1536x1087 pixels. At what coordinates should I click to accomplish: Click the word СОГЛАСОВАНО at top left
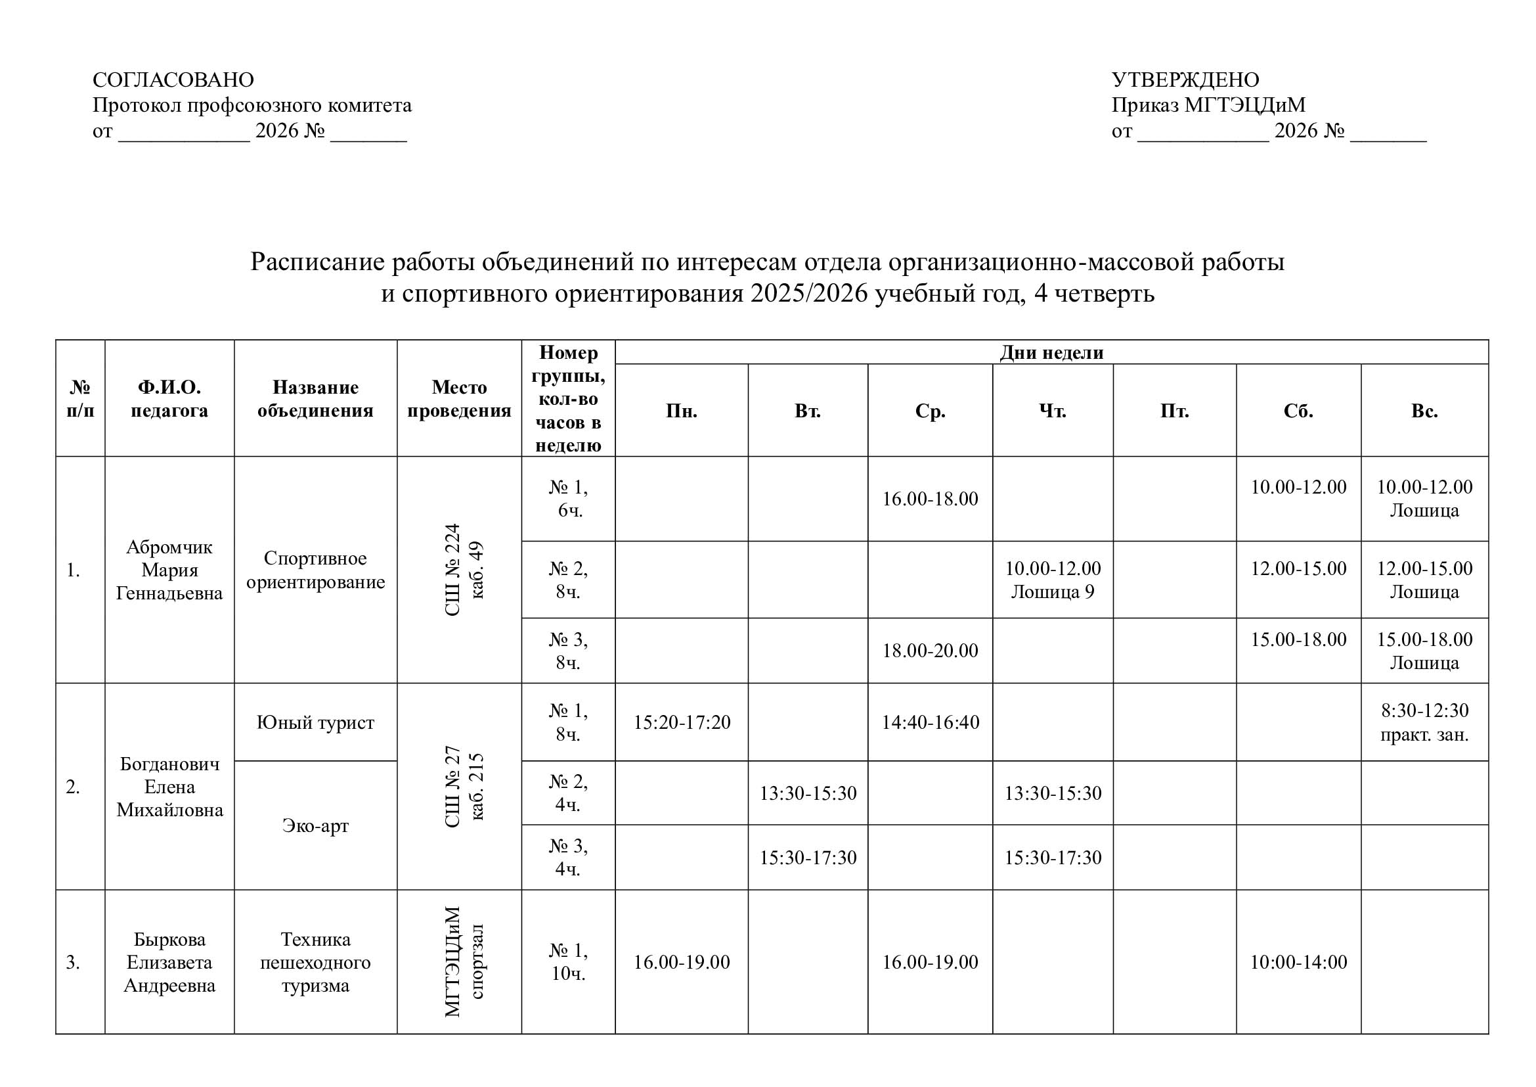click(173, 80)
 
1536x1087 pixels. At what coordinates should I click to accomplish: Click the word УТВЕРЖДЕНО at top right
click(1185, 80)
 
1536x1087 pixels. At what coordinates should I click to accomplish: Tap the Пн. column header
click(681, 411)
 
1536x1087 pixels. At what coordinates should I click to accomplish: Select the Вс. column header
click(1424, 411)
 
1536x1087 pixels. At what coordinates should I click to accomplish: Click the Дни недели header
click(1051, 353)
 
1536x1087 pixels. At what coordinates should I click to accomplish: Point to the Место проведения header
click(459, 399)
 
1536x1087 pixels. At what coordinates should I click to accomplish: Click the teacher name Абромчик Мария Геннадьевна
click(169, 570)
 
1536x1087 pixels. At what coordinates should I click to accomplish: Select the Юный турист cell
click(315, 722)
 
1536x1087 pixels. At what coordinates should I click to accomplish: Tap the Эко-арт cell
click(315, 825)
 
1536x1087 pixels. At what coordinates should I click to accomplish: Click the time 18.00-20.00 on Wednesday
click(930, 651)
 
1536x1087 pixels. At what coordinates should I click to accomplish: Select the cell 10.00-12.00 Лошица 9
click(1052, 580)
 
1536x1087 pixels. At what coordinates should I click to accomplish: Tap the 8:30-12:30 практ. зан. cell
click(1424, 722)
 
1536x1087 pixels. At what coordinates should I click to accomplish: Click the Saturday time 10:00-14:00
click(1298, 962)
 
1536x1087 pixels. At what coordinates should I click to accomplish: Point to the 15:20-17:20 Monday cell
click(682, 722)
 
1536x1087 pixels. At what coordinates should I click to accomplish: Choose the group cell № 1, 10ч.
click(568, 962)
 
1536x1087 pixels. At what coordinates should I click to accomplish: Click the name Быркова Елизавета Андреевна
click(169, 962)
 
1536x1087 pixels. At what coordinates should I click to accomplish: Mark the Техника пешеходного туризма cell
click(315, 962)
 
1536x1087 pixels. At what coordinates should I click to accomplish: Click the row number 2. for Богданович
click(73, 787)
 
